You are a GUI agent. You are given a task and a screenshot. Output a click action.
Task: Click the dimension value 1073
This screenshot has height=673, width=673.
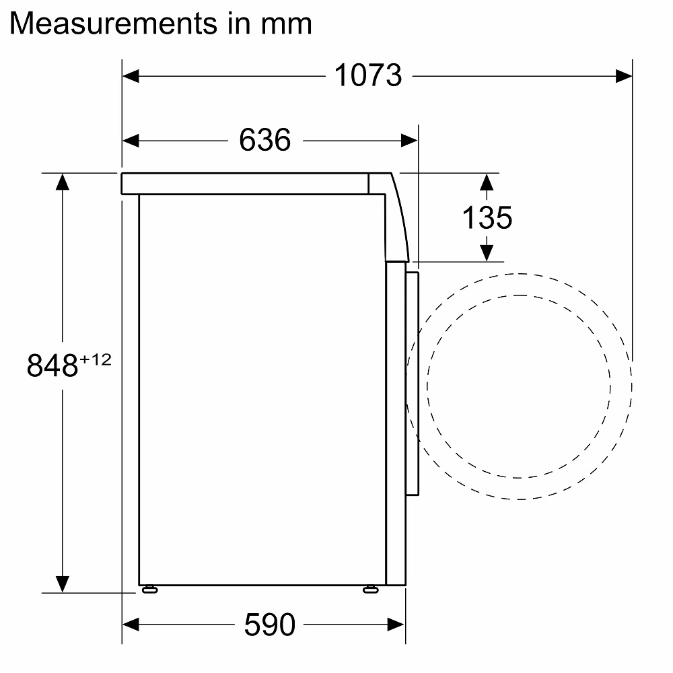coord(367,75)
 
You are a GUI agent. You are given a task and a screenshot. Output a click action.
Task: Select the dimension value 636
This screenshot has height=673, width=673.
coord(264,140)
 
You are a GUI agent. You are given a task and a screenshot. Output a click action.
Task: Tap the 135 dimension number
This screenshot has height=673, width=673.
coord(487,217)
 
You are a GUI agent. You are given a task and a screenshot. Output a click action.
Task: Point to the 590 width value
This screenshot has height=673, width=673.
coord(269,625)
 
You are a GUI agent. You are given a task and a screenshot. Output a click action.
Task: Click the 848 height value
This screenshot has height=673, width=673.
coord(52,366)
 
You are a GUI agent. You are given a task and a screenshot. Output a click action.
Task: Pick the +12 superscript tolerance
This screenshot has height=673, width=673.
coord(95,359)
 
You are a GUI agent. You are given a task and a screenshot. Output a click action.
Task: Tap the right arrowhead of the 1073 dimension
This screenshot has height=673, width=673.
coord(624,76)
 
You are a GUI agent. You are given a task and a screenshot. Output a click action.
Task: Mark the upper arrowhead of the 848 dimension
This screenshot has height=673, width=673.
coord(63,182)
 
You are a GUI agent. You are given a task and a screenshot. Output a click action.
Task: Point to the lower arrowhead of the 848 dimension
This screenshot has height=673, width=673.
coord(63,583)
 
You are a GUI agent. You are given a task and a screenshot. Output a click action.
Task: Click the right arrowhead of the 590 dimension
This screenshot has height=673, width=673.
coord(396,625)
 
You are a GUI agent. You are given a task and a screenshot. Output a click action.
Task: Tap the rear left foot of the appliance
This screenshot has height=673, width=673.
coord(149,590)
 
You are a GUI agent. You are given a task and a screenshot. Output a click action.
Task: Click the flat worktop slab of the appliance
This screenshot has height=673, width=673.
coord(245,183)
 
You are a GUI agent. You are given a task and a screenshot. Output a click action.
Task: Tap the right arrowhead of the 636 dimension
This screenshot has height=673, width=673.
coord(410,140)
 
